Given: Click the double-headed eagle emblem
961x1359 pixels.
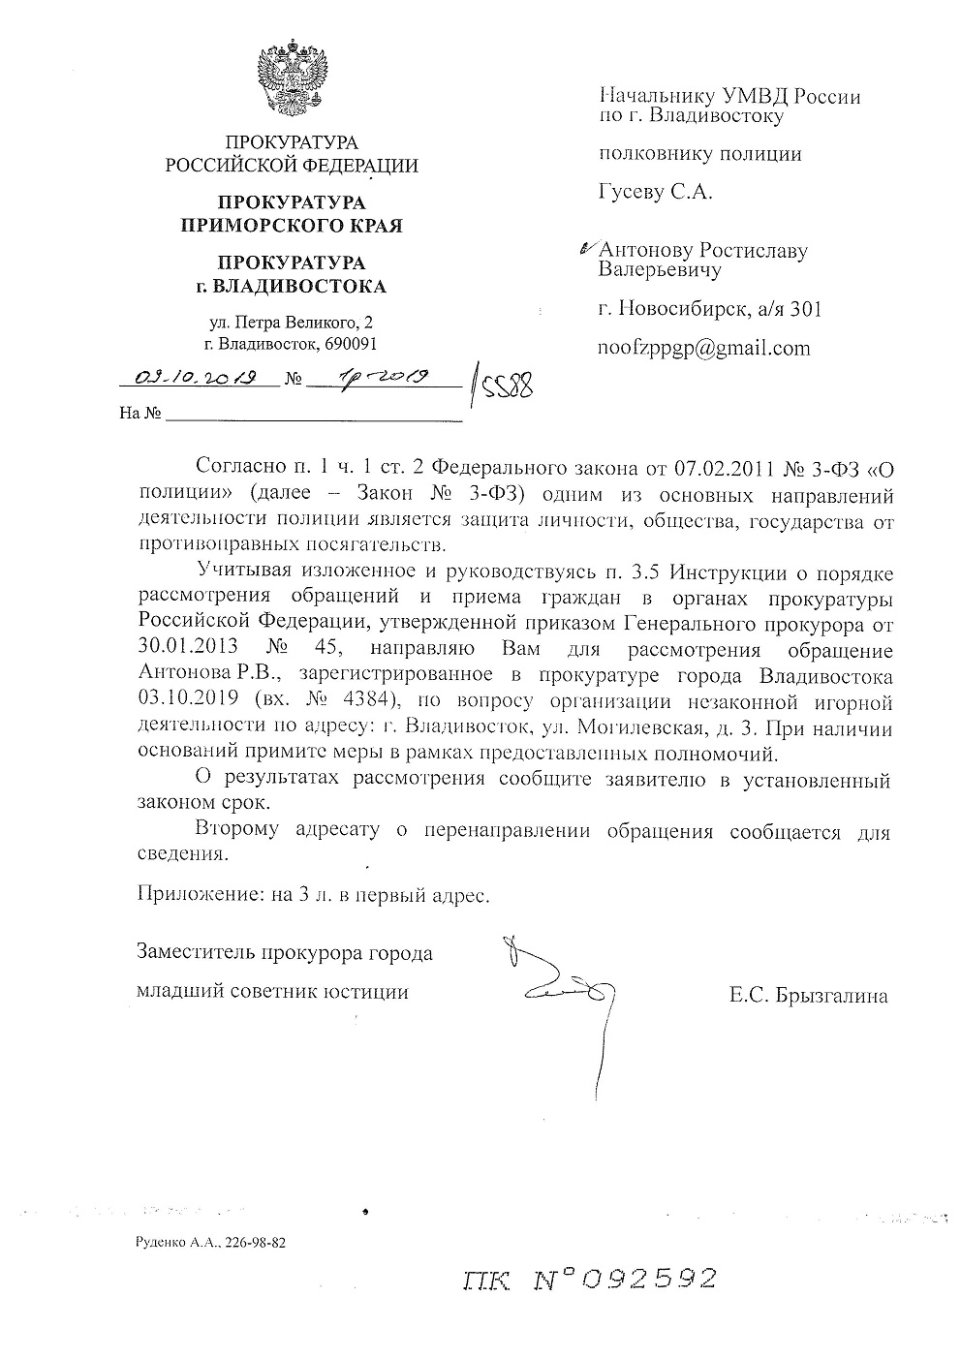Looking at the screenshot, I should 292,77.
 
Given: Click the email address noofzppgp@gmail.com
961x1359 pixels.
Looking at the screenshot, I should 704,349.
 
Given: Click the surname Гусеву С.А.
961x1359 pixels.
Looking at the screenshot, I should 656,193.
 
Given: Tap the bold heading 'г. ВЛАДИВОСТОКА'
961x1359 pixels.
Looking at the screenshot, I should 291,287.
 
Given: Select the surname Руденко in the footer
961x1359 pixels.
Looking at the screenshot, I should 165,1242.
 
